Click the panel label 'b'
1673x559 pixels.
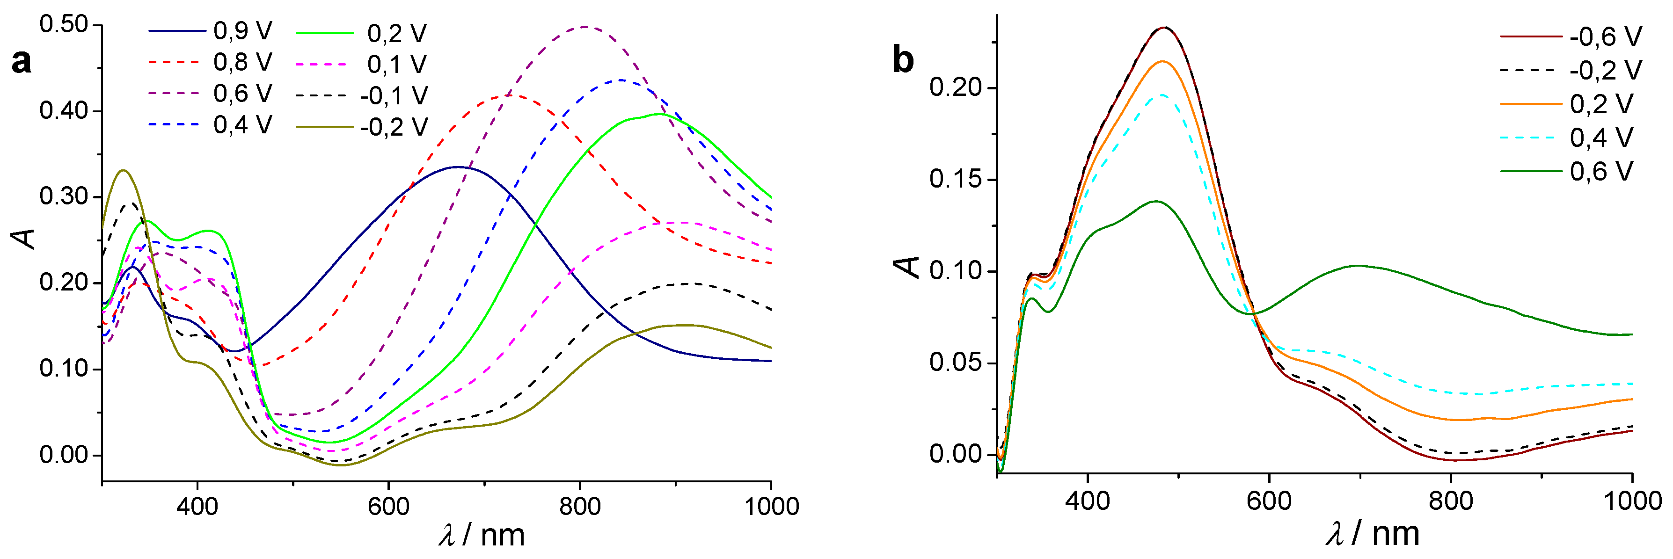point(903,60)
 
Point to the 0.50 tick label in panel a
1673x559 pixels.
point(64,25)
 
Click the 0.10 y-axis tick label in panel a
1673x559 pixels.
point(64,369)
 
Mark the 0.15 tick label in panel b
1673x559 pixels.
point(955,180)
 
